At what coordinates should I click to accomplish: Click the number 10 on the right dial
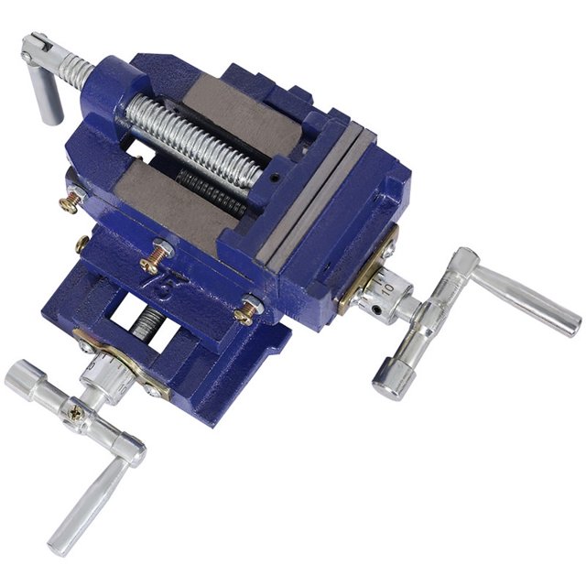click(x=388, y=287)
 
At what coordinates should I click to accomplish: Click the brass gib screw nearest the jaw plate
click(x=247, y=310)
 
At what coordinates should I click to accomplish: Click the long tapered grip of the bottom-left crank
click(x=88, y=505)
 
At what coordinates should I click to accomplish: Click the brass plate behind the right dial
click(x=363, y=275)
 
